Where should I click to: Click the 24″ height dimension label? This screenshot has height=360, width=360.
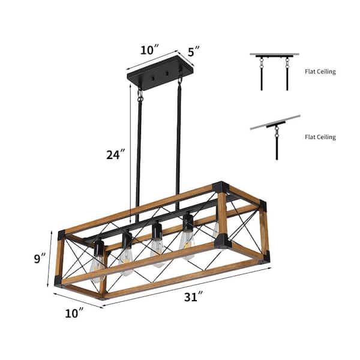click(115, 154)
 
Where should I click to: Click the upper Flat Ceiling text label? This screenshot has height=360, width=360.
click(320, 72)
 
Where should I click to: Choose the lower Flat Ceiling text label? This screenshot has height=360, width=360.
click(320, 137)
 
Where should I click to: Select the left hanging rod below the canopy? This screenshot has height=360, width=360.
click(140, 156)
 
